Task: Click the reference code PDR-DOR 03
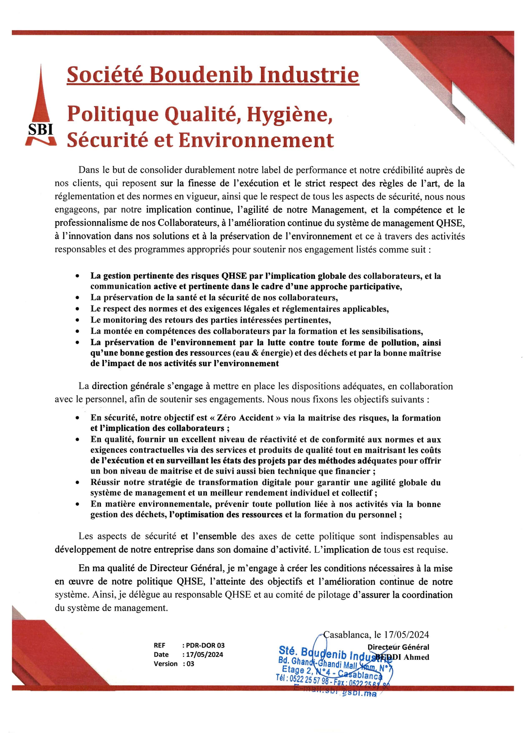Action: (205, 646)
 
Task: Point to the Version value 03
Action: (190, 664)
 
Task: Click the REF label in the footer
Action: (159, 646)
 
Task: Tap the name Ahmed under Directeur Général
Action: (416, 657)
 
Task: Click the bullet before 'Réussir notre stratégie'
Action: (77, 483)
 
